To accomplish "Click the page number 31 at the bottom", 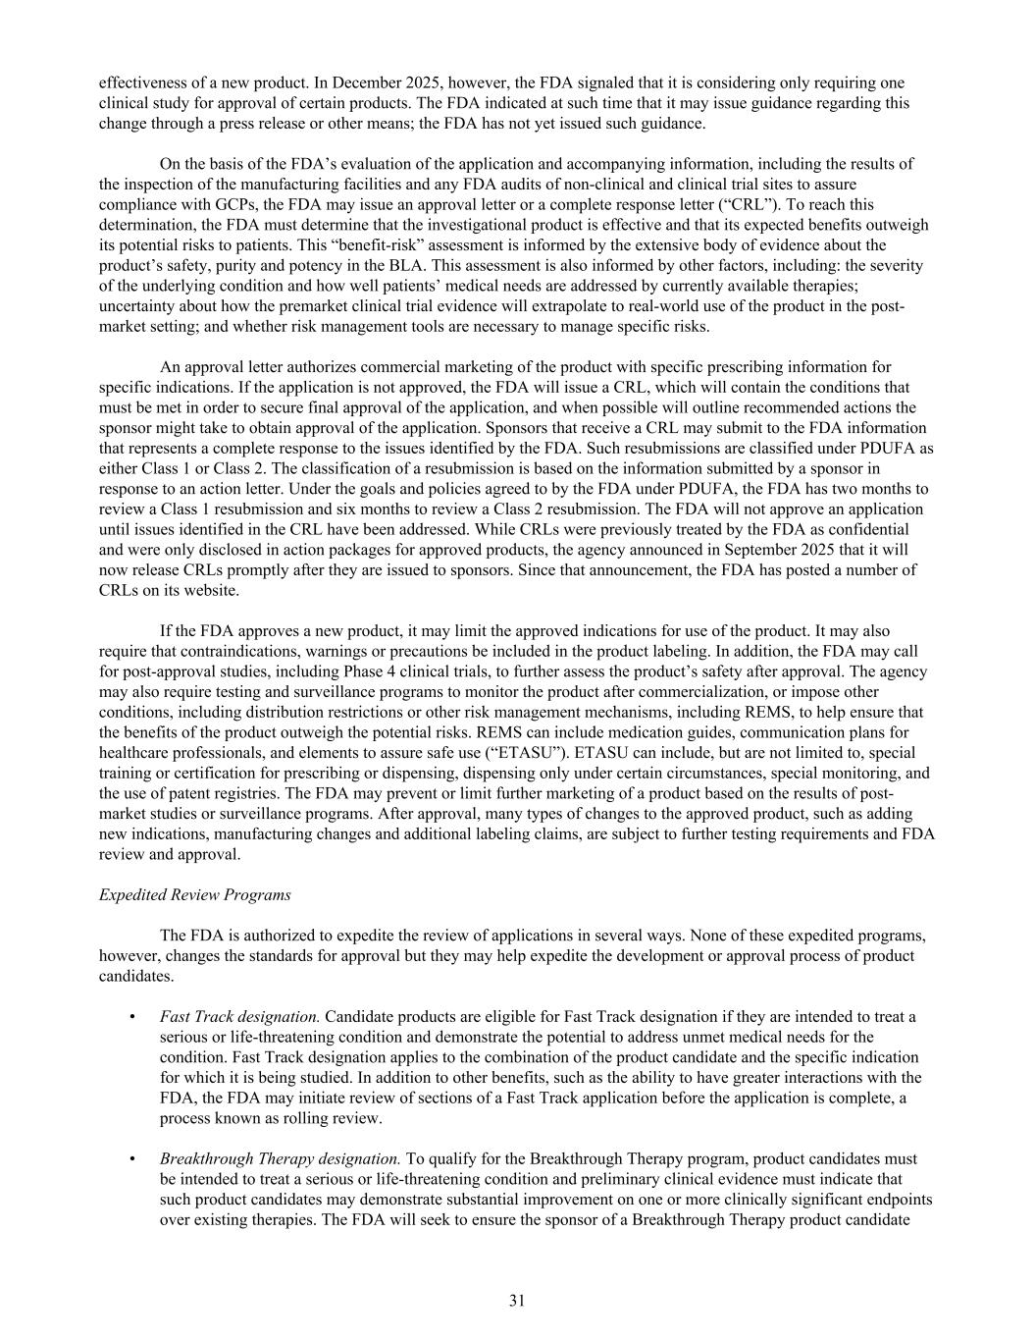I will pyautogui.click(x=517, y=1301).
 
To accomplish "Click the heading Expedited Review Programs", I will pyautogui.click(x=194, y=894).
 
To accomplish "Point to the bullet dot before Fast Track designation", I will pyautogui.click(x=132, y=1016).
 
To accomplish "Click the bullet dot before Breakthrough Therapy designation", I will pyautogui.click(x=132, y=1158).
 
